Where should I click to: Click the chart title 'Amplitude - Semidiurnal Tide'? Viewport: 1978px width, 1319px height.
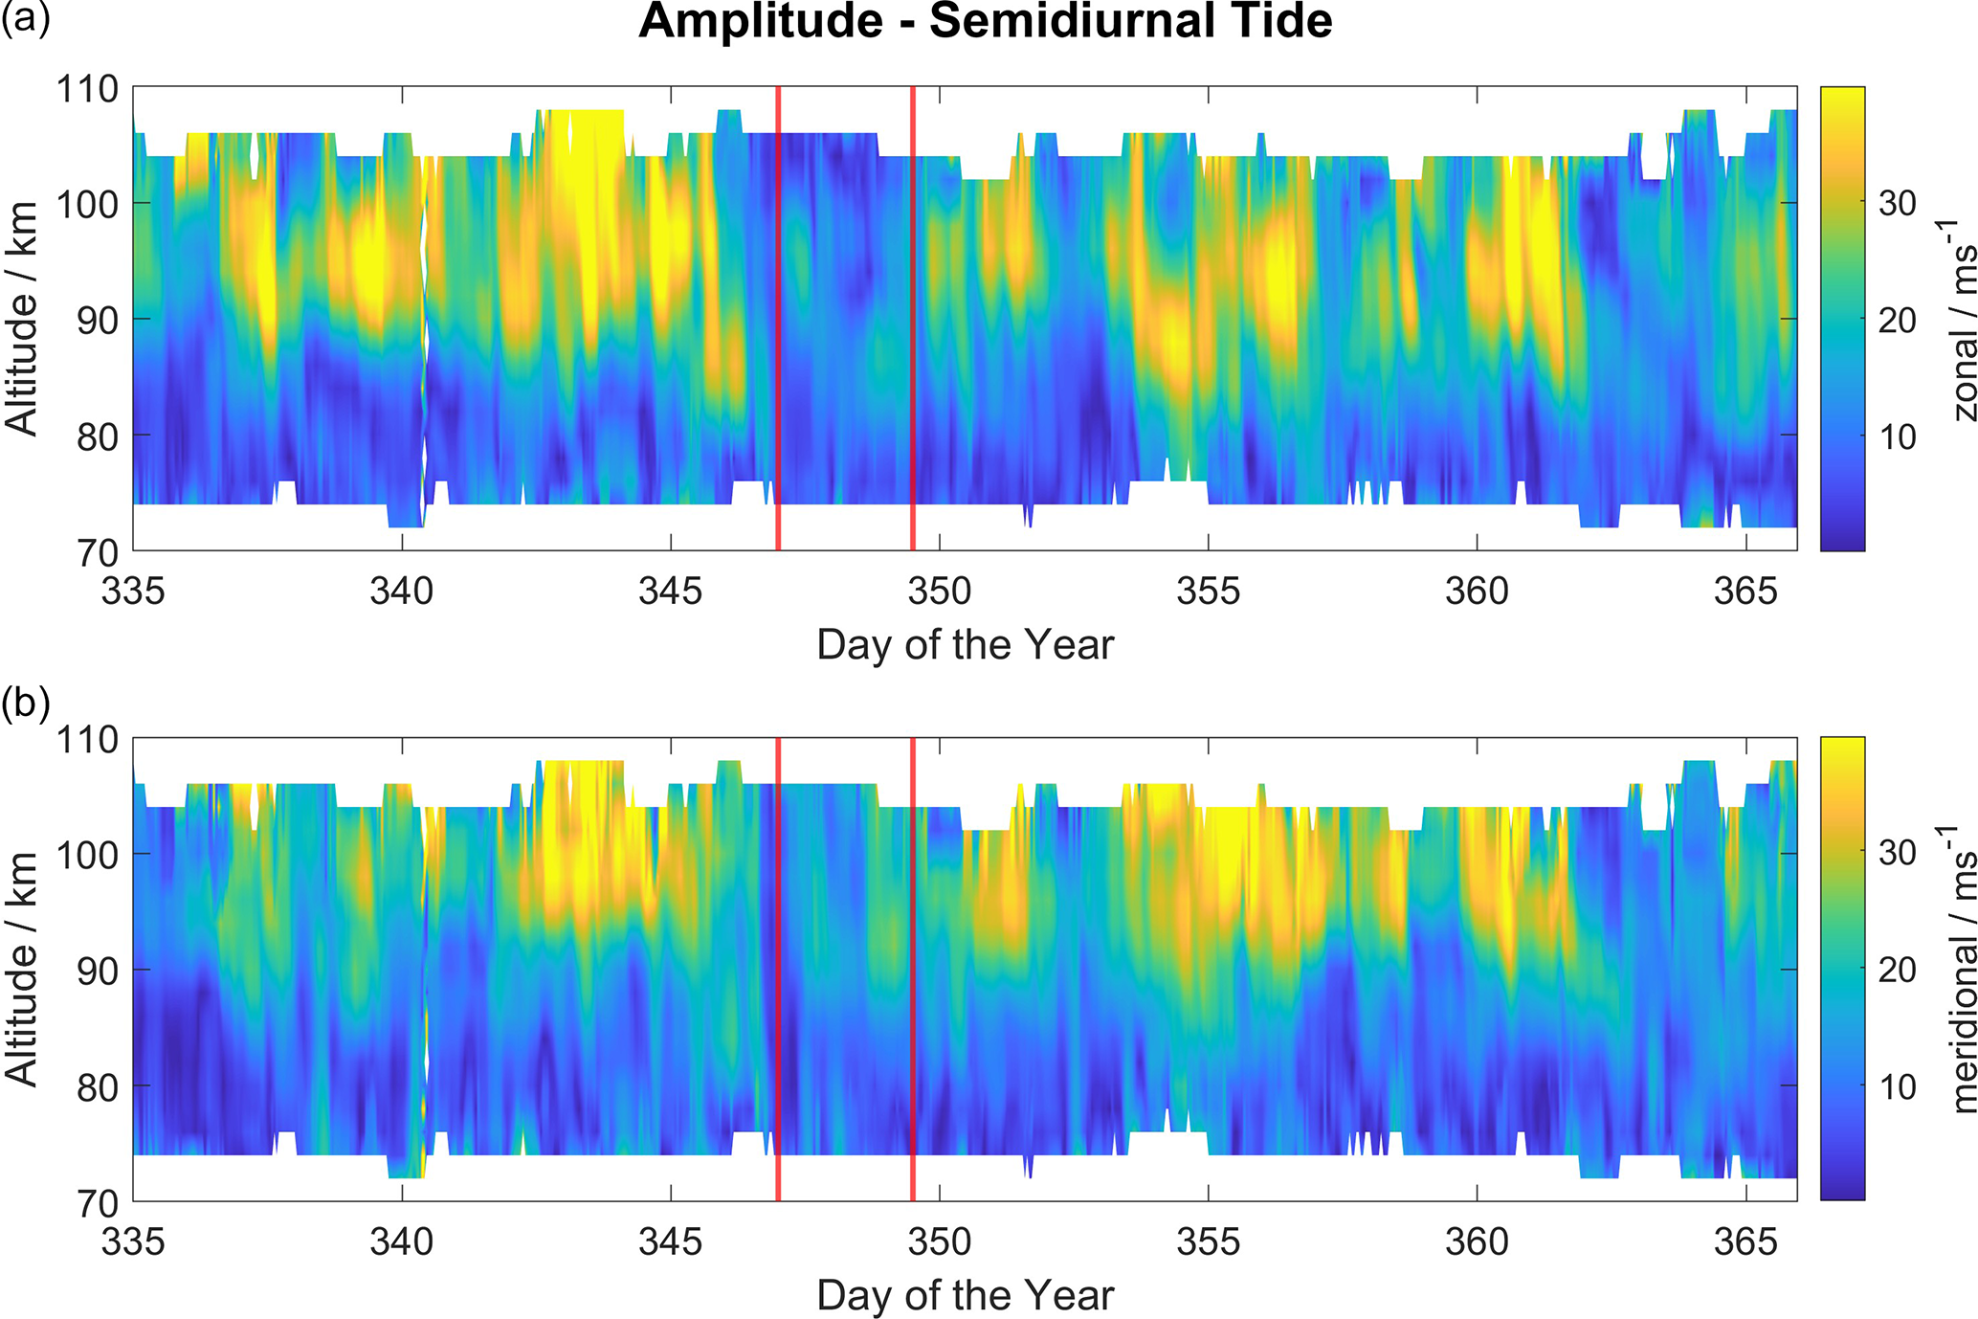(985, 21)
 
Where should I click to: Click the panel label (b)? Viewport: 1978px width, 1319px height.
(25, 704)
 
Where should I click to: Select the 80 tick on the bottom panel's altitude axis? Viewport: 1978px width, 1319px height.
(99, 1086)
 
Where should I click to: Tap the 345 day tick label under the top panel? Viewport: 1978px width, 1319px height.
(671, 592)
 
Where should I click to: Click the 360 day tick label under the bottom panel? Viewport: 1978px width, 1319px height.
(1477, 1241)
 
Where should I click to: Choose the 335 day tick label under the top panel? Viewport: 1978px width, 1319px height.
(133, 592)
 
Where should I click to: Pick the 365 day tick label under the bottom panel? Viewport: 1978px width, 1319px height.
(1745, 1241)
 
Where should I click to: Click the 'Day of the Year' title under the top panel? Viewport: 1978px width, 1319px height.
(966, 645)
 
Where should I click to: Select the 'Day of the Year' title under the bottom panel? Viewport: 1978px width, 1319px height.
(966, 1296)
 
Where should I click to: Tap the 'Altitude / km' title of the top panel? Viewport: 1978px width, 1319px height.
(21, 319)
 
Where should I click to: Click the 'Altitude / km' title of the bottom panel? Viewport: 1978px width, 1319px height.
(21, 969)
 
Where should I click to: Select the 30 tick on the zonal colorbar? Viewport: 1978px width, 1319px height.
(1897, 203)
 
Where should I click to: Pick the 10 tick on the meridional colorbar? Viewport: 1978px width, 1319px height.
(1897, 1086)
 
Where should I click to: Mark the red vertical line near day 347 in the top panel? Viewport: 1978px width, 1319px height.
(778, 319)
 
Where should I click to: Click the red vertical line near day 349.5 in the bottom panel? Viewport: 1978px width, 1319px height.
(913, 969)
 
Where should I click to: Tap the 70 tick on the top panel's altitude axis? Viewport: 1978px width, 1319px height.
(99, 552)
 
